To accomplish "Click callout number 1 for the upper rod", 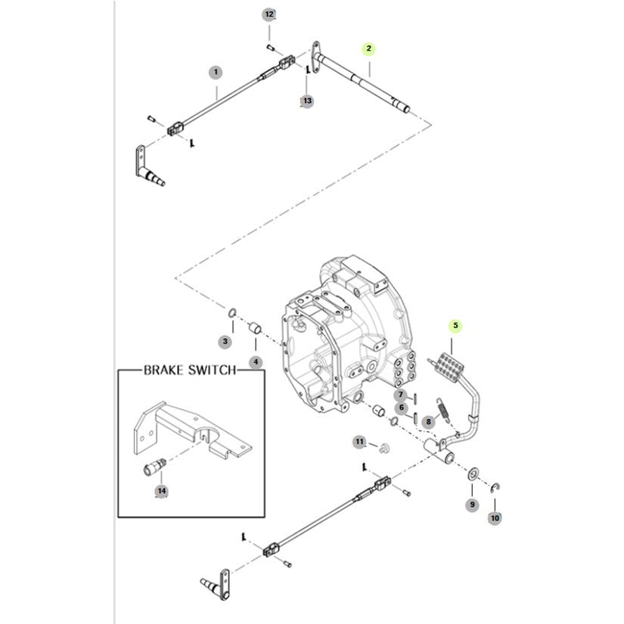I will (x=216, y=73).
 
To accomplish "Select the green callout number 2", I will (x=368, y=49).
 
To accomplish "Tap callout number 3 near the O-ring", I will (x=225, y=342).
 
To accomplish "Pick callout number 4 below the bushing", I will (x=256, y=362).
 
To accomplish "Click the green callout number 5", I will (x=455, y=326).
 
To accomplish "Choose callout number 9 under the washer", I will (x=472, y=504).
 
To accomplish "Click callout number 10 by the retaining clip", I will (x=495, y=518).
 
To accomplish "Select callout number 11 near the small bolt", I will (x=360, y=441).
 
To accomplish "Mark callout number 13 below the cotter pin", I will (x=306, y=100).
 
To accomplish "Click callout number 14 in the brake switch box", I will (x=161, y=491).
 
